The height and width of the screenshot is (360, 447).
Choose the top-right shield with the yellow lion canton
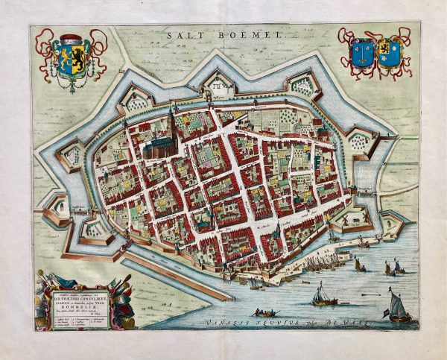[390, 53]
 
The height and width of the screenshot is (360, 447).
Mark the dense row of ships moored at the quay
[320, 260]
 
